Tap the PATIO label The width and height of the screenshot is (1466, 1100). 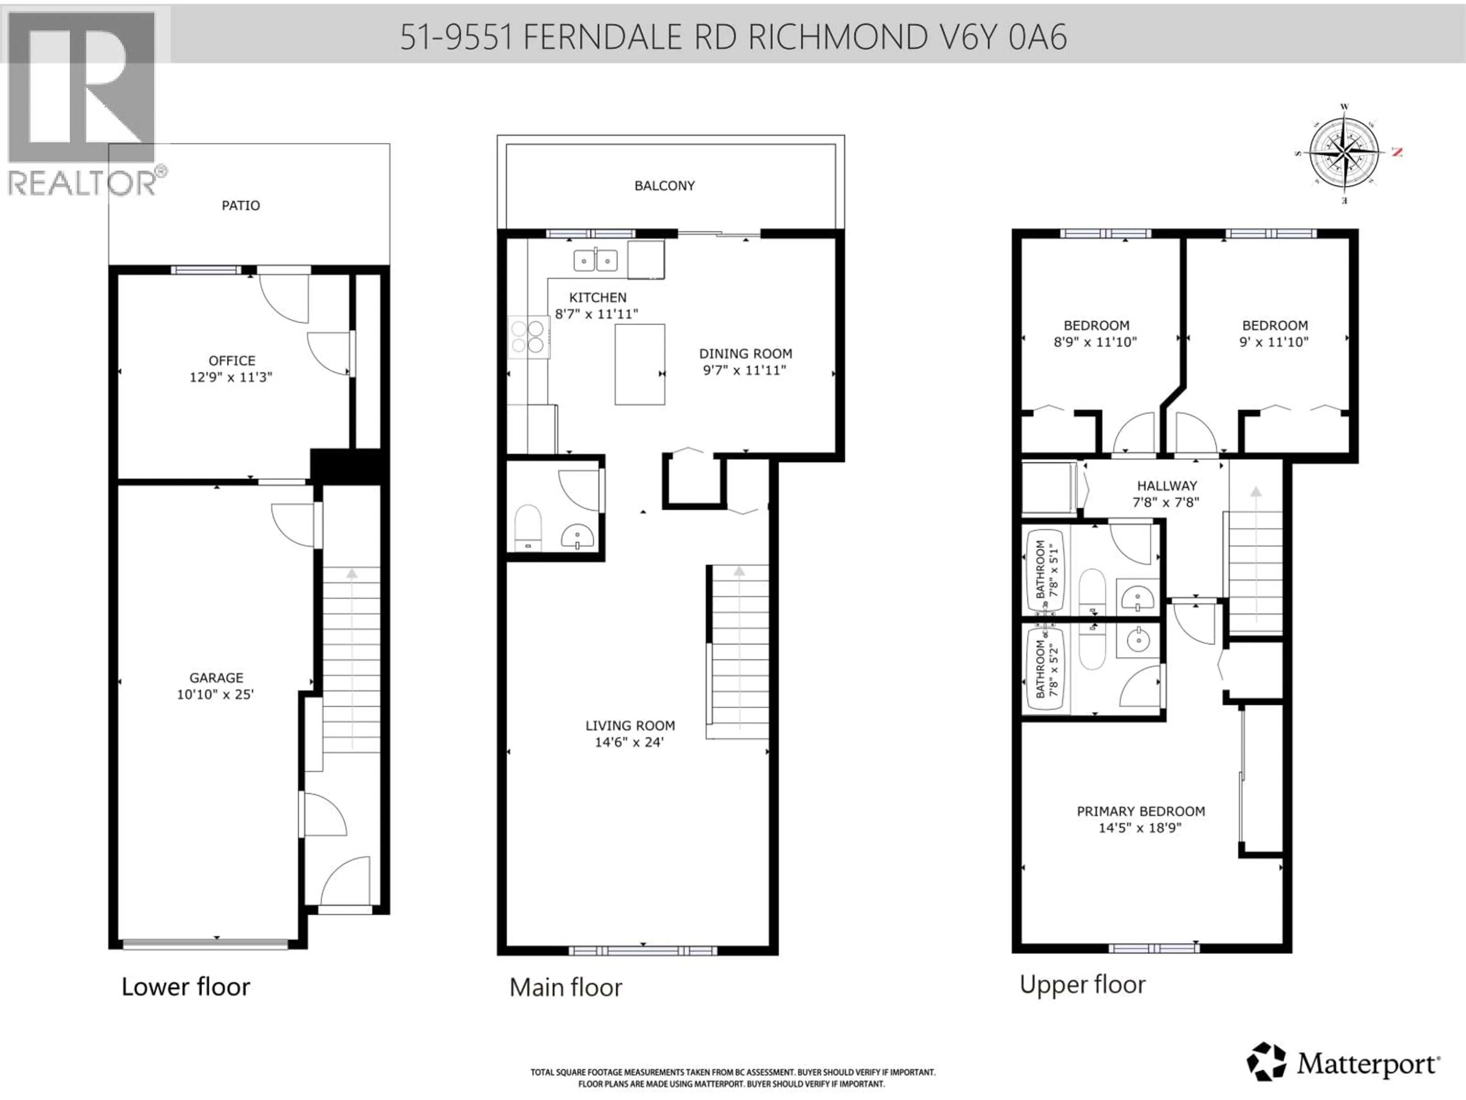coord(241,205)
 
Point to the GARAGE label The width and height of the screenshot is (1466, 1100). coord(216,678)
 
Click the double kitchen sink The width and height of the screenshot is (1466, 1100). coord(595,260)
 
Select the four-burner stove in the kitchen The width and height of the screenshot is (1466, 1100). coord(528,337)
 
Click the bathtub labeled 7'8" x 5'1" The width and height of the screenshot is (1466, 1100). coord(1046,569)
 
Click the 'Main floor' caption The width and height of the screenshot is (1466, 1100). coord(565,987)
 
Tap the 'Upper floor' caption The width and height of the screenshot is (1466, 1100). coord(1082,985)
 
